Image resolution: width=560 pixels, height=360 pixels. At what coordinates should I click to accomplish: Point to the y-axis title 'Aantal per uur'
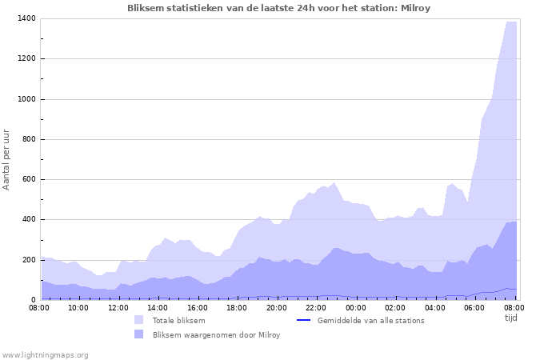(x=7, y=158)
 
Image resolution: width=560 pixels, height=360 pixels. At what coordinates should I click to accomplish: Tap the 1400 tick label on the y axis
(x=26, y=18)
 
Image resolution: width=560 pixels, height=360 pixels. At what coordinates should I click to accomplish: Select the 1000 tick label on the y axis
(x=26, y=99)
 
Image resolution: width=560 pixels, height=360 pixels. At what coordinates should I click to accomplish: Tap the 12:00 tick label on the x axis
(x=118, y=307)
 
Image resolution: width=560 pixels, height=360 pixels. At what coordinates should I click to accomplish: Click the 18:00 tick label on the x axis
(x=237, y=307)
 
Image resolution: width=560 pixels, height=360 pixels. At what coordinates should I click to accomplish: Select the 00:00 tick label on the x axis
(x=355, y=307)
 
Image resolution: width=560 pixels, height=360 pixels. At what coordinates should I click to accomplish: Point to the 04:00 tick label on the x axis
(x=434, y=307)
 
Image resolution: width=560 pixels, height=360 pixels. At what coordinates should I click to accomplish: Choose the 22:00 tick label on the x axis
(x=316, y=307)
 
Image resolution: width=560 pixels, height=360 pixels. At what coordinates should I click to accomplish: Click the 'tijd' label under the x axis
(x=511, y=318)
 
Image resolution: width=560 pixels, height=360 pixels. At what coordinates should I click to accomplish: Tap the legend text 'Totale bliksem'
(x=178, y=321)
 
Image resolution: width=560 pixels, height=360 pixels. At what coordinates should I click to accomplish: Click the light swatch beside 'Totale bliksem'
(x=139, y=320)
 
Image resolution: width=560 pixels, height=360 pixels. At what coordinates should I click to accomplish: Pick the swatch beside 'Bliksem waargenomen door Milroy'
(x=139, y=334)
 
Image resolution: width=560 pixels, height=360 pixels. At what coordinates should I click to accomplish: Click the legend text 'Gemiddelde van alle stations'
(x=370, y=321)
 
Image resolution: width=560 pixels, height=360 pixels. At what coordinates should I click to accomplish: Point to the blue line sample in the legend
(x=303, y=320)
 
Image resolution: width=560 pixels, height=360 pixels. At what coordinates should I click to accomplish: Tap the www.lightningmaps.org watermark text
(x=46, y=354)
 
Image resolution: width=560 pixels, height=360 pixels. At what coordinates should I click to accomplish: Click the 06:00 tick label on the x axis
(x=474, y=307)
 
